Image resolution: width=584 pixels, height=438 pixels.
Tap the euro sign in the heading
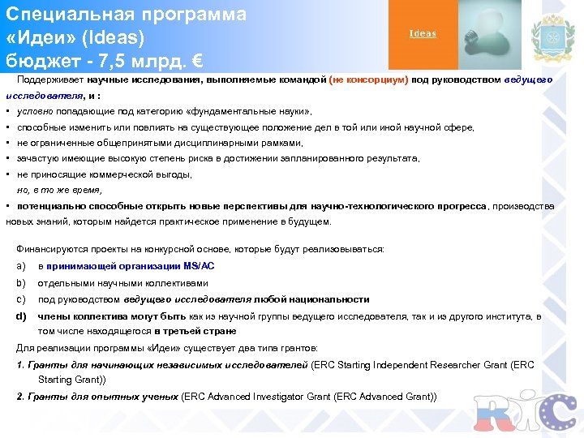click(x=194, y=61)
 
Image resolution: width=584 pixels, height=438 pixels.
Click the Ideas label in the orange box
click(x=423, y=33)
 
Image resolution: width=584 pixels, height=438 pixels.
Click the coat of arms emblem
click(x=552, y=36)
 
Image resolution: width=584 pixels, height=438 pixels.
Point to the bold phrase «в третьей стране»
click(x=195, y=331)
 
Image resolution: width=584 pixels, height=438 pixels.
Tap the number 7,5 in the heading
click(x=118, y=61)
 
